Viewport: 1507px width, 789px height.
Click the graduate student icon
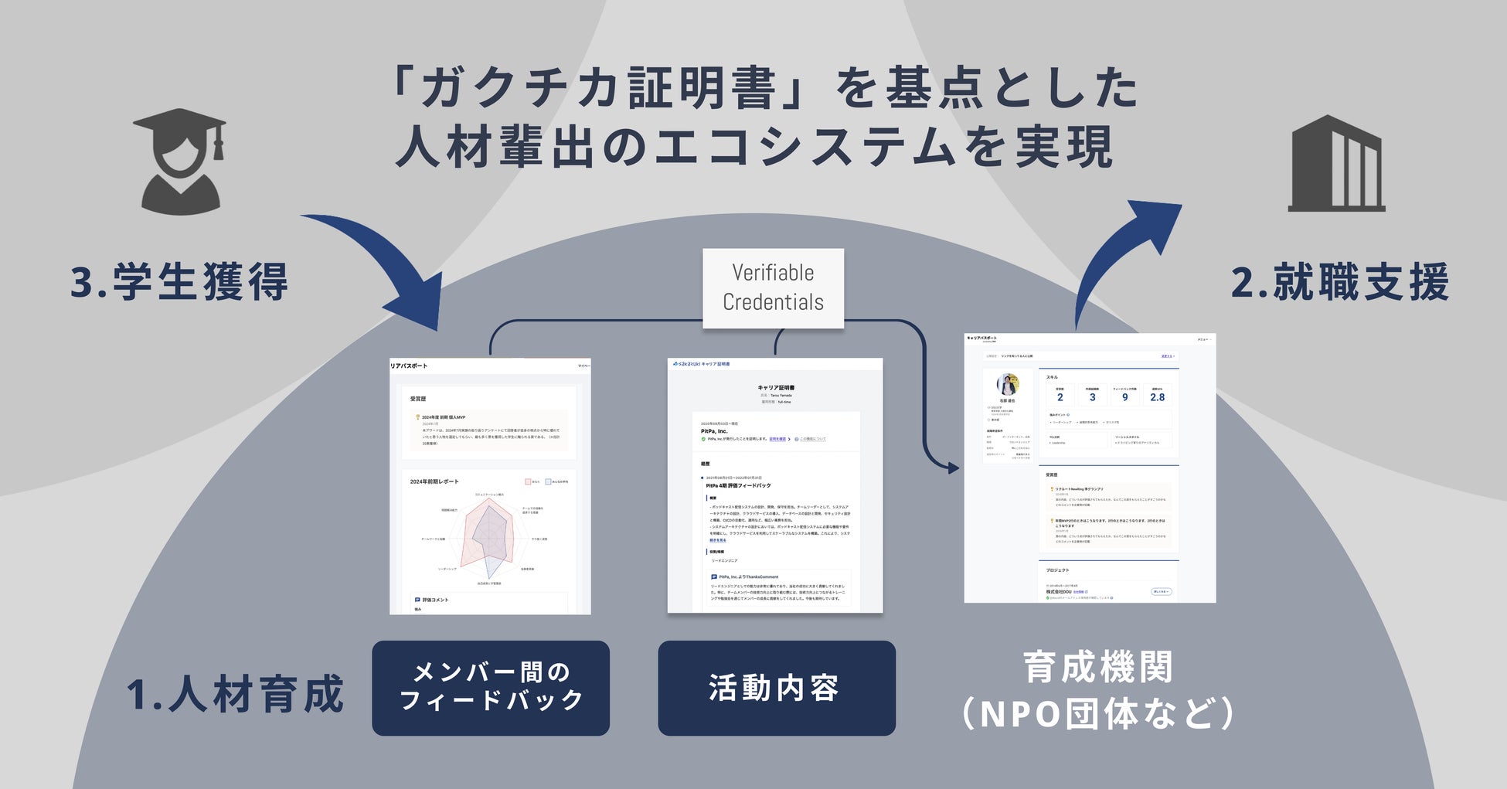[179, 162]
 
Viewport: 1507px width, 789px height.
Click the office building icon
[1336, 164]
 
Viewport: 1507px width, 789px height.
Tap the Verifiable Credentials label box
[773, 287]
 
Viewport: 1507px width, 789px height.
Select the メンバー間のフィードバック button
[491, 687]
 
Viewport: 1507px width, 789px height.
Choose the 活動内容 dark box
[776, 687]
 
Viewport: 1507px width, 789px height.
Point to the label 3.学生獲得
[179, 282]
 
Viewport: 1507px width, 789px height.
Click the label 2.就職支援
[1339, 282]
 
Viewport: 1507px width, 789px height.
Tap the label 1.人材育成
[235, 693]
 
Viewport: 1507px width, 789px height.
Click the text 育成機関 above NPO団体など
[1098, 667]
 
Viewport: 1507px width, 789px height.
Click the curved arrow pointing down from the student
[386, 270]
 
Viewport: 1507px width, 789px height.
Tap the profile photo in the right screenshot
[1008, 384]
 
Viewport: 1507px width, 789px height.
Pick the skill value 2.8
[1157, 397]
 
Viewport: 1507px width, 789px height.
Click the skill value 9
[1124, 397]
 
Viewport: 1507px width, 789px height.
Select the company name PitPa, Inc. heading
[714, 431]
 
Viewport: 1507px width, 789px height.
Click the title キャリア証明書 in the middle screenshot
[775, 388]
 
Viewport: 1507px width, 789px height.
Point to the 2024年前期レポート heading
[434, 481]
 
